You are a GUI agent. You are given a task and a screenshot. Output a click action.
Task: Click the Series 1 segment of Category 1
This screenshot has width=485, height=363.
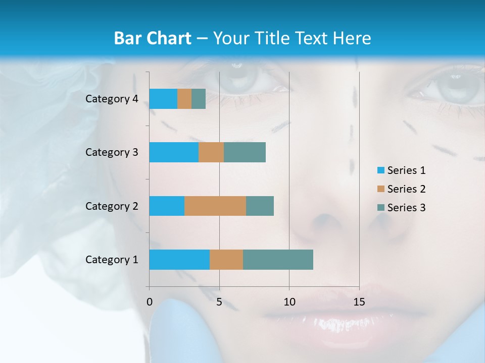pos(179,260)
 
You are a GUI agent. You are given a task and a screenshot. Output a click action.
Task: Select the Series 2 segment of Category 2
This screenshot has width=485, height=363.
pos(215,206)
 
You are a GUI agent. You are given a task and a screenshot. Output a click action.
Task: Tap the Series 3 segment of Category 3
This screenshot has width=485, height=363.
pos(245,152)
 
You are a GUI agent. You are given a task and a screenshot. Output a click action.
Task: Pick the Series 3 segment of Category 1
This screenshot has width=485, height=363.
pos(278,260)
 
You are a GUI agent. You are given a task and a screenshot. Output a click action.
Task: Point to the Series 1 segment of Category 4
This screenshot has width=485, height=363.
pos(163,99)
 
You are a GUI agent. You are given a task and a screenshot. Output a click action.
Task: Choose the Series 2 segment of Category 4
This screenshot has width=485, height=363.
pos(184,99)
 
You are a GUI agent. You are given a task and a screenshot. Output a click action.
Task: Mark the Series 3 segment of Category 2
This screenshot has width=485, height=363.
pos(260,206)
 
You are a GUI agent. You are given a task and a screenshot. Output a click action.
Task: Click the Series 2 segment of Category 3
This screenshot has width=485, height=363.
pos(211,152)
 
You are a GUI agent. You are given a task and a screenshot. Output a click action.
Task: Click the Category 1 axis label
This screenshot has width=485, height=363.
pos(112,260)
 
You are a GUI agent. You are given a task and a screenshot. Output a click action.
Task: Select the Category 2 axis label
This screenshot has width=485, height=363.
pos(112,206)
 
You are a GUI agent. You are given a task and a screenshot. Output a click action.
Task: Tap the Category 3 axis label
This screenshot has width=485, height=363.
pos(112,152)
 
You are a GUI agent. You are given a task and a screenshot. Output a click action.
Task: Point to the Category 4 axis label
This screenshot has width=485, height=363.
pos(112,99)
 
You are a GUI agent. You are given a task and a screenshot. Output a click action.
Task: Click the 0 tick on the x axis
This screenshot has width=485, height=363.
pos(150,302)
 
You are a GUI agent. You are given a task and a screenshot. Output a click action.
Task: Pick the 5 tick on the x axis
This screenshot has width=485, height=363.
pos(219,302)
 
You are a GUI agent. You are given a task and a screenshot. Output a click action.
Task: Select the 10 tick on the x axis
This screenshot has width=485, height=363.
pos(289,302)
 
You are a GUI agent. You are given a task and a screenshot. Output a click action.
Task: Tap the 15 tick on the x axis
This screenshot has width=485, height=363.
pos(359,302)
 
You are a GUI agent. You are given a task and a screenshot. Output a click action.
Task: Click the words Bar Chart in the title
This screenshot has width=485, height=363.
pos(153,38)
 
